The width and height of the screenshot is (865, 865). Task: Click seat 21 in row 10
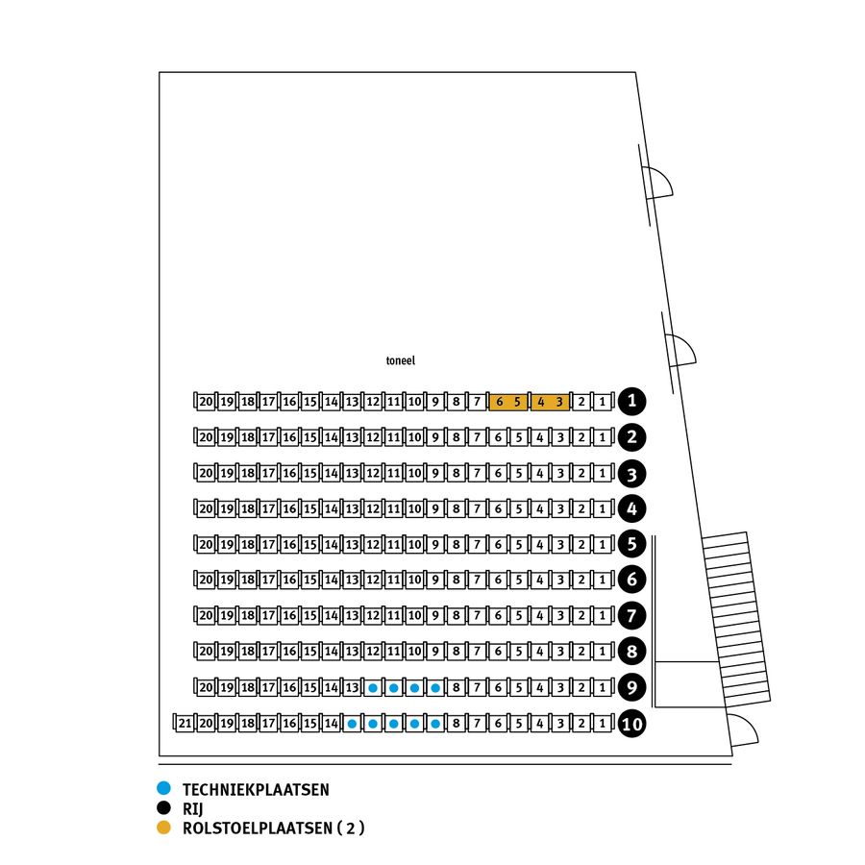[185, 724]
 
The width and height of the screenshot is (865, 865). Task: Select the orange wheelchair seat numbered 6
[499, 402]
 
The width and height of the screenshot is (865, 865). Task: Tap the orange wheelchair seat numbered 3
[559, 402]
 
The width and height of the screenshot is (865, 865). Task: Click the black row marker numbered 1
[631, 401]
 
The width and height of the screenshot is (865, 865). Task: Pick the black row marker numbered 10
[631, 724]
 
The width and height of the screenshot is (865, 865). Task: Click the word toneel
[399, 360]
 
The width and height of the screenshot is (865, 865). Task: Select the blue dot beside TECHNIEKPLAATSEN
[163, 790]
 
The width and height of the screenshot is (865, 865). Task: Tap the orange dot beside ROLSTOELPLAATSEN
[163, 828]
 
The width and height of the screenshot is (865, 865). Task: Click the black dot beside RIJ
[163, 809]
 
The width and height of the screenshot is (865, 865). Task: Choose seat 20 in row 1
[206, 402]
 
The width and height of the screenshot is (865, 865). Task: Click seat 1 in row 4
[602, 508]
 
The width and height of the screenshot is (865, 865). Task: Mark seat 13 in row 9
[352, 688]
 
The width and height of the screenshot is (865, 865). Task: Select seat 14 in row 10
[332, 724]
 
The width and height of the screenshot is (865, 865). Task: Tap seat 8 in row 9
[457, 688]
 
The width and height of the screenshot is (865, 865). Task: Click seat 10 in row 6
[414, 581]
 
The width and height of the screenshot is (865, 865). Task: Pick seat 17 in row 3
[268, 473]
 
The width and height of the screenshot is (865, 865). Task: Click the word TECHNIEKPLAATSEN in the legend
[256, 790]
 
